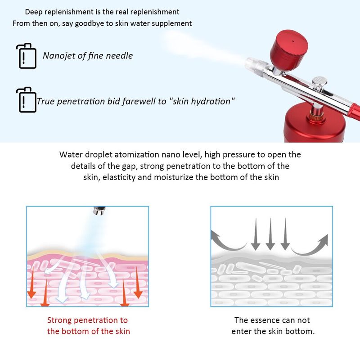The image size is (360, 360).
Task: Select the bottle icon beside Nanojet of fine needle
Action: tap(27, 56)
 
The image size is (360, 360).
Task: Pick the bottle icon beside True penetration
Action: tap(27, 99)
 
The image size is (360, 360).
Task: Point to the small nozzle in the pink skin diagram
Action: tap(99, 211)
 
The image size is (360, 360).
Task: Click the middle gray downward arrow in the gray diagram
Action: tap(270, 234)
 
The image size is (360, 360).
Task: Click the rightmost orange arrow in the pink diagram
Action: tap(138, 283)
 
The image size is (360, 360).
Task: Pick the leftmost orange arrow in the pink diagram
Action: tap(32, 283)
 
